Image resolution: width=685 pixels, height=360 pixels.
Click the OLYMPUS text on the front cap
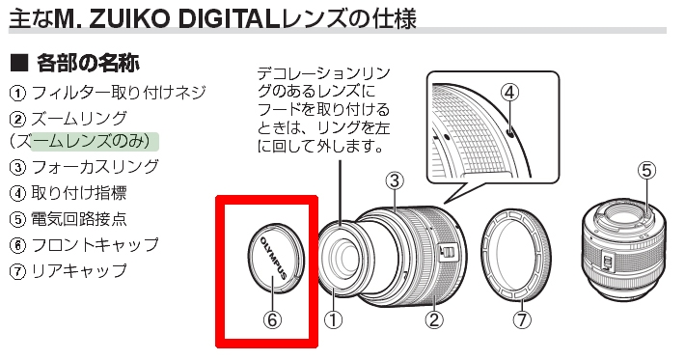(x=273, y=258)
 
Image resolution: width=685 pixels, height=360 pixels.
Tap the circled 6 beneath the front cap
(x=272, y=319)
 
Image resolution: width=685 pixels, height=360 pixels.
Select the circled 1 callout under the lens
(x=333, y=320)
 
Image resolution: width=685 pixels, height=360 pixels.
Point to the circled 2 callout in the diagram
(x=434, y=319)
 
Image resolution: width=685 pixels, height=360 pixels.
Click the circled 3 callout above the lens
(x=395, y=180)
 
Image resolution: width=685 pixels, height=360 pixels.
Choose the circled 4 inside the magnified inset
(x=509, y=93)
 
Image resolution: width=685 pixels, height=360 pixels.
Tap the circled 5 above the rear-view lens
(x=646, y=170)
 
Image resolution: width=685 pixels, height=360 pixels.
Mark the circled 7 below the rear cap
(x=522, y=319)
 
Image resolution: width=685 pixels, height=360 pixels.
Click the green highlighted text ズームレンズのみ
(x=90, y=142)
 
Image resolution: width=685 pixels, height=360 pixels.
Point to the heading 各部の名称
(x=88, y=64)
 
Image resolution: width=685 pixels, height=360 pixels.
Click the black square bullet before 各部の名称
(x=19, y=64)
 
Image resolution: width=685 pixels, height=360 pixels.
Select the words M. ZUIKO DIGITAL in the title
(x=167, y=18)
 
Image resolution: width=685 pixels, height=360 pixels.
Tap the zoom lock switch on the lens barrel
(x=447, y=251)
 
